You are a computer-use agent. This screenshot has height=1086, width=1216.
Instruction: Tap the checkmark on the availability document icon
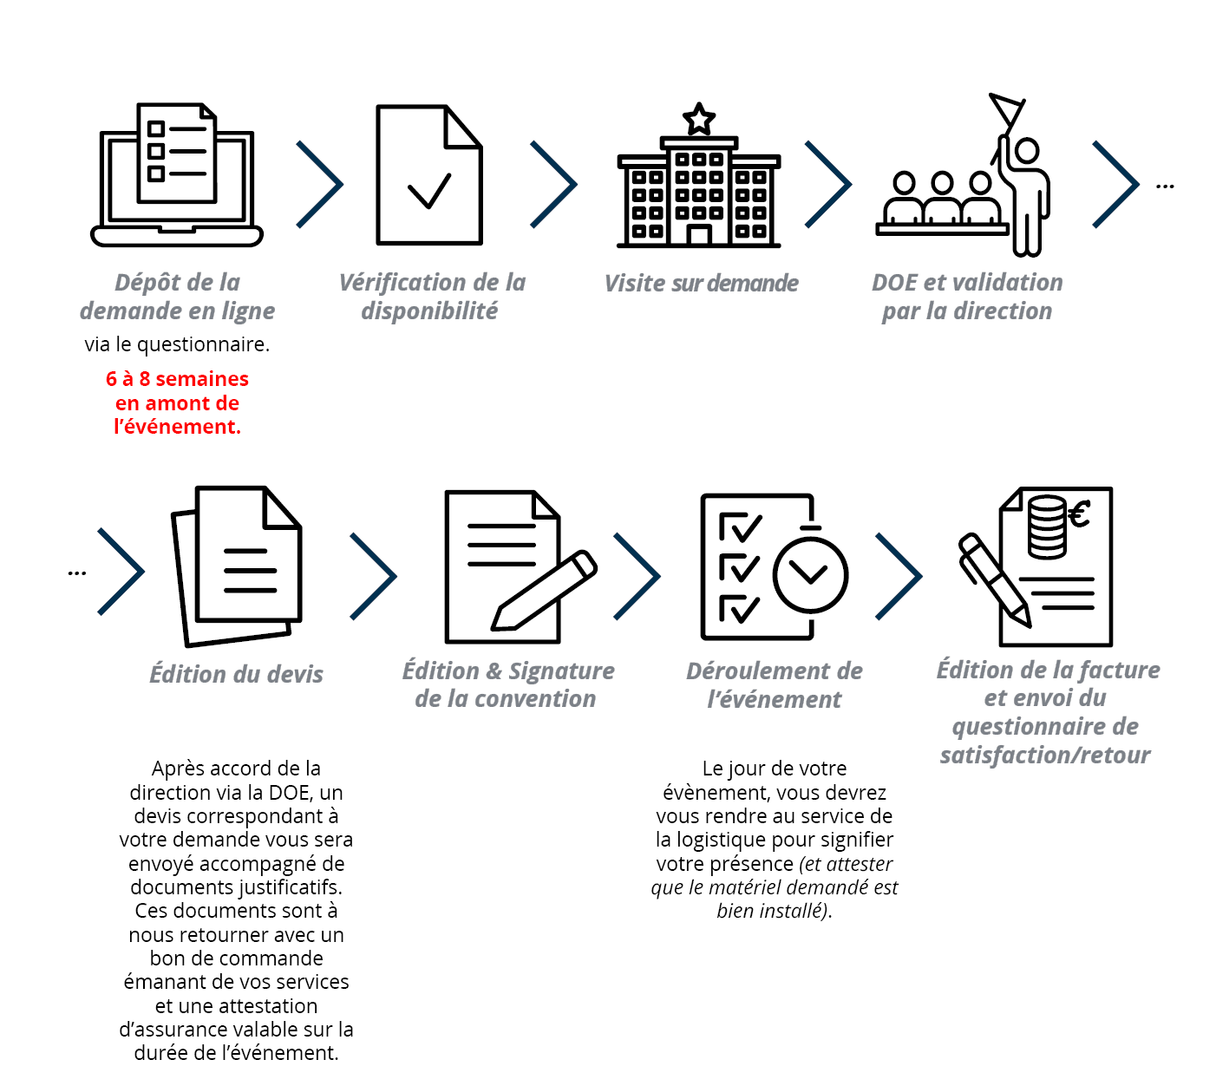click(428, 192)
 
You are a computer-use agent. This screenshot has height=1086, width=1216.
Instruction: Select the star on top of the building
click(698, 119)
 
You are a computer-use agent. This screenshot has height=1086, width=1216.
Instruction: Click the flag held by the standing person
click(1006, 110)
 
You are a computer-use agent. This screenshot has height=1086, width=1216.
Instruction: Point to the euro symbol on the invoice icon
click(1079, 514)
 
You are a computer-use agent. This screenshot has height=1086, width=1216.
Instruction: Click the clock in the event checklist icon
click(810, 573)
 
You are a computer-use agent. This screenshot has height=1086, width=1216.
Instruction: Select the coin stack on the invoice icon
click(1047, 527)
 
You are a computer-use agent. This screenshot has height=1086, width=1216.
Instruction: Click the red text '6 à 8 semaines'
click(177, 379)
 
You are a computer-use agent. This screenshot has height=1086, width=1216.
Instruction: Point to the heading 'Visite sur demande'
click(701, 283)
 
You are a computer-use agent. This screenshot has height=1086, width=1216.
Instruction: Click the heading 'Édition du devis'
click(236, 673)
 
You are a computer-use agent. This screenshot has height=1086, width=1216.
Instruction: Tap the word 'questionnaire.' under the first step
click(204, 344)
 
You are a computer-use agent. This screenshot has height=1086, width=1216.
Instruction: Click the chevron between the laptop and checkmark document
click(320, 184)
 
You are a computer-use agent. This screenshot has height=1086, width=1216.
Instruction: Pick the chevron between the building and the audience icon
click(828, 184)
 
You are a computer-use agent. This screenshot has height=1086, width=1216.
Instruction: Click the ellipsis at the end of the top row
click(1164, 186)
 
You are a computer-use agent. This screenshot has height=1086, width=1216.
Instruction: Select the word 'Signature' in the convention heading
click(561, 671)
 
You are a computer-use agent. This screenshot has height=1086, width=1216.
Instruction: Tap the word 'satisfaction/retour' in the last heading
click(1045, 754)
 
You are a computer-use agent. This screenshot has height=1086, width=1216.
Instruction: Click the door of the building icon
click(698, 235)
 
